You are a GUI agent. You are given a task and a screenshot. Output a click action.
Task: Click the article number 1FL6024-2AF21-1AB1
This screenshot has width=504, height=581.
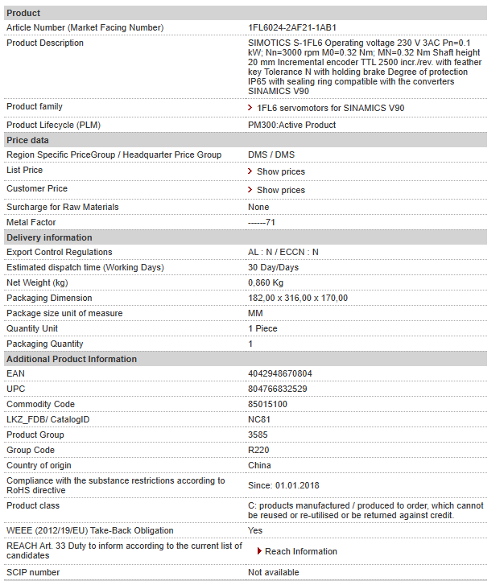pos(292,27)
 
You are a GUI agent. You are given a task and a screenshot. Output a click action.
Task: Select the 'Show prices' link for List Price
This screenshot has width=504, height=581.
pos(280,171)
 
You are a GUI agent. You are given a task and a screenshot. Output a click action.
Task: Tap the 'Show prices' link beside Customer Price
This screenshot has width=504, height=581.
pos(280,190)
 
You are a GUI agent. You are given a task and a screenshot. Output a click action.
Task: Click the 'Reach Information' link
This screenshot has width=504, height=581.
pos(300,551)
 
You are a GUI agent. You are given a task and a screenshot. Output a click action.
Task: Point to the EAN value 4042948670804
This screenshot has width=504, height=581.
pos(280,373)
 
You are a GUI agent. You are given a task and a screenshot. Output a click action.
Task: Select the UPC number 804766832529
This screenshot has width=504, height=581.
pos(278,389)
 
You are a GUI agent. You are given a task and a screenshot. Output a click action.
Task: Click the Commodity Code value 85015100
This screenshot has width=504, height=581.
pos(267,404)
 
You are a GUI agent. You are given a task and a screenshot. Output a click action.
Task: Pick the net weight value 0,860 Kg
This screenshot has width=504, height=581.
pos(266,282)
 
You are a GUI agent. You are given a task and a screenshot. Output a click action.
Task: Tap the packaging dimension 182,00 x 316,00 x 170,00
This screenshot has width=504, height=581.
pos(298,298)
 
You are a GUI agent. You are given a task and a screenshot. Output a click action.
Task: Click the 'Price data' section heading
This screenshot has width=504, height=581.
pos(28,140)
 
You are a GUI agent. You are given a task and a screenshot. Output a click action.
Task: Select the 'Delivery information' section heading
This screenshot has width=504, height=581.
pos(49,237)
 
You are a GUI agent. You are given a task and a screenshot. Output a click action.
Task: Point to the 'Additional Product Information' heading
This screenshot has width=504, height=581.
pos(72,359)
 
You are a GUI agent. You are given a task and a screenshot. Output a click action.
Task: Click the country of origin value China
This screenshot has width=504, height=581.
pos(259,465)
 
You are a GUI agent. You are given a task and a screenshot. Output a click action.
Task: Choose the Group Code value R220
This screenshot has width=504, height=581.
pos(258,450)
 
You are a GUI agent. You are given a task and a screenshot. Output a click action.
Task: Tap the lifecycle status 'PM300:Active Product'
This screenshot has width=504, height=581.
pos(292,125)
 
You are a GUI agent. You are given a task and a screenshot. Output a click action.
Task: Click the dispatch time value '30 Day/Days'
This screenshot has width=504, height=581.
pos(273,267)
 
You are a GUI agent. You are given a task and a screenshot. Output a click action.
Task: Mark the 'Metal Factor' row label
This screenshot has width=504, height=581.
pos(31,221)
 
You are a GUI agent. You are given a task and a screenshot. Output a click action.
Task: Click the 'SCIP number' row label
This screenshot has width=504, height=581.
pos(33,572)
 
